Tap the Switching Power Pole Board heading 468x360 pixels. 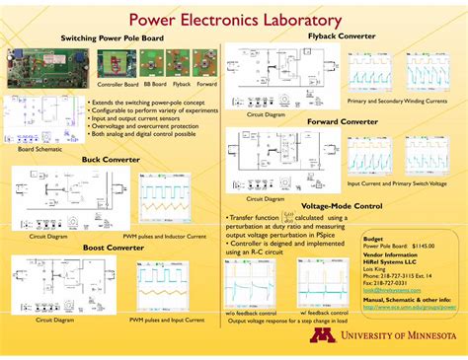112,38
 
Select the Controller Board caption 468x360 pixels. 117,85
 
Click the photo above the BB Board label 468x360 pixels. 154,64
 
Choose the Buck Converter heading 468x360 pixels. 112,159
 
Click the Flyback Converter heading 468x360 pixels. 342,36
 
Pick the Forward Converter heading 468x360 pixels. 342,121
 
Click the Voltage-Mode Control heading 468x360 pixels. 342,206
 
